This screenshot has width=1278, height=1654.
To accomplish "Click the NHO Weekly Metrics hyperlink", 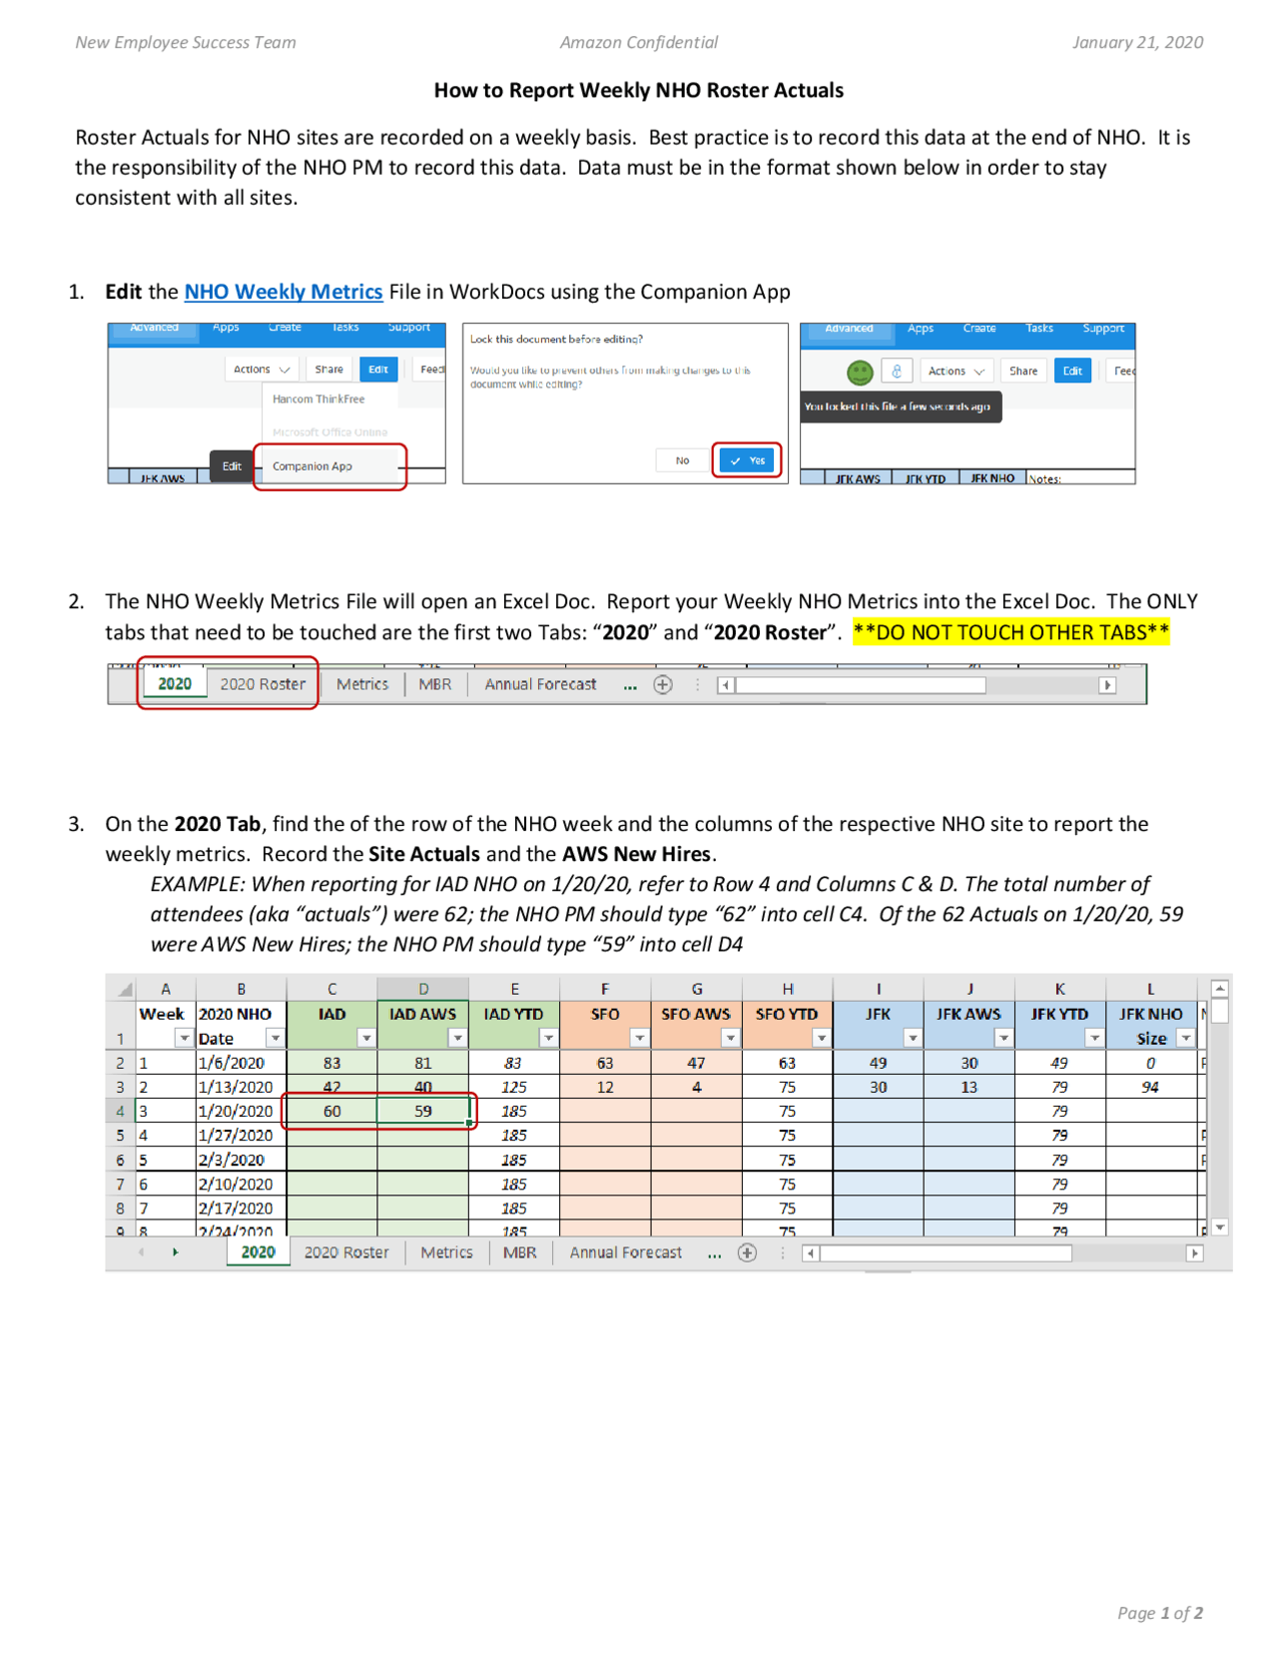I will [284, 292].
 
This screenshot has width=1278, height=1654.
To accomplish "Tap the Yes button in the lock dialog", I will [747, 460].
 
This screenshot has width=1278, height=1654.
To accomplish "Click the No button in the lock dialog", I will [682, 460].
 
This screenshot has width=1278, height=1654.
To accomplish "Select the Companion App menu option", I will [313, 466].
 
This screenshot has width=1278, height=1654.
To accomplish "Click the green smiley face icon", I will [860, 373].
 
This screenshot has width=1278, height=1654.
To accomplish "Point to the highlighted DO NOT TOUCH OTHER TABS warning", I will [1010, 632].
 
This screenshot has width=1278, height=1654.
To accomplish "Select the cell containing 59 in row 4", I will [423, 1111].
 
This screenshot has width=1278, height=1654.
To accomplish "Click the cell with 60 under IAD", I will [331, 1111].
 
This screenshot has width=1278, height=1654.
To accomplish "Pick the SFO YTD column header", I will [787, 1014].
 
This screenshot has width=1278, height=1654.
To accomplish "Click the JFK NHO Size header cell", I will [1150, 1025].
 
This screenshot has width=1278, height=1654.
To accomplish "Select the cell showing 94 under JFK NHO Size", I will [1150, 1087].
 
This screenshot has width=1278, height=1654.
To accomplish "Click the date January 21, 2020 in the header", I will [1137, 42].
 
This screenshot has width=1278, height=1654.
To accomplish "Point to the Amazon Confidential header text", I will [639, 42].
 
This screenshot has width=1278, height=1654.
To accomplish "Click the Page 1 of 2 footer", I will [1159, 1613].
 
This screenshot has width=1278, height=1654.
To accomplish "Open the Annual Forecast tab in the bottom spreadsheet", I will [625, 1252].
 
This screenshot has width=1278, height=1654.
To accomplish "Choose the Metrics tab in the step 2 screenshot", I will [362, 684].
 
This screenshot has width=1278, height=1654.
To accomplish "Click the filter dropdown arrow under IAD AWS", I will [457, 1039].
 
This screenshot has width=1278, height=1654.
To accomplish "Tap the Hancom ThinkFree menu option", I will [319, 399].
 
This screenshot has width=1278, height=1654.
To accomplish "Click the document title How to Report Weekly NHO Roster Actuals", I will [639, 90].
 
